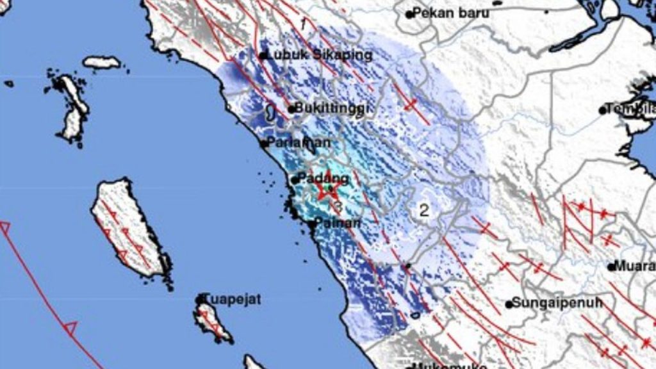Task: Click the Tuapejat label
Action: (233, 299)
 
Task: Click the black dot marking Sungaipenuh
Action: (509, 304)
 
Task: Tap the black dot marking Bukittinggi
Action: (291, 110)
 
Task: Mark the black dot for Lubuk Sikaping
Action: (263, 56)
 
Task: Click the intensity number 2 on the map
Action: (423, 209)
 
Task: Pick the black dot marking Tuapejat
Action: (200, 299)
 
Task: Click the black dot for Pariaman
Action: (264, 143)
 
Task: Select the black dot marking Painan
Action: (312, 224)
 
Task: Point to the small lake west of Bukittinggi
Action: (270, 113)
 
